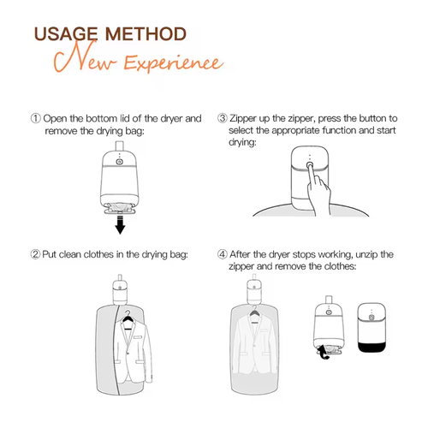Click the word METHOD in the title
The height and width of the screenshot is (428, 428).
pos(146,34)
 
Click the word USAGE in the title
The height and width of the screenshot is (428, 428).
pos(66,34)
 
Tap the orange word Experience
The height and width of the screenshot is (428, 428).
pos(173,62)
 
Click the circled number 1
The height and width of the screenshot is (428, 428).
pos(36,118)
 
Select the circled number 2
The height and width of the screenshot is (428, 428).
pos(35,254)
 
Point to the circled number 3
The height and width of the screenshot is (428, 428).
pos(223,118)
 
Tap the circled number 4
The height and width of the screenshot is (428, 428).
pos(223,254)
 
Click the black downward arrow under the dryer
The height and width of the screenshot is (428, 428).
pos(120,225)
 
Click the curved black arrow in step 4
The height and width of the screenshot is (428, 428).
pos(323,352)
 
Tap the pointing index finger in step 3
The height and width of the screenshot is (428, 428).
pos(311,177)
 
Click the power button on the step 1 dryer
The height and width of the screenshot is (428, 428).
pos(120,162)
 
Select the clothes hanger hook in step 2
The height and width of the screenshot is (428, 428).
pos(128,313)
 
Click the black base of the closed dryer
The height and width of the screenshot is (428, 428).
pos(372,348)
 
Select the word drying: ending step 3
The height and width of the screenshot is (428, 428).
pos(242,142)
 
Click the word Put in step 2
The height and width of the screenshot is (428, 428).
pos(49,254)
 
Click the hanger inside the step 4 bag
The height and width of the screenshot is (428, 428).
pos(254,312)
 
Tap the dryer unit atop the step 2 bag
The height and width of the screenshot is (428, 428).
pos(120,291)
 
